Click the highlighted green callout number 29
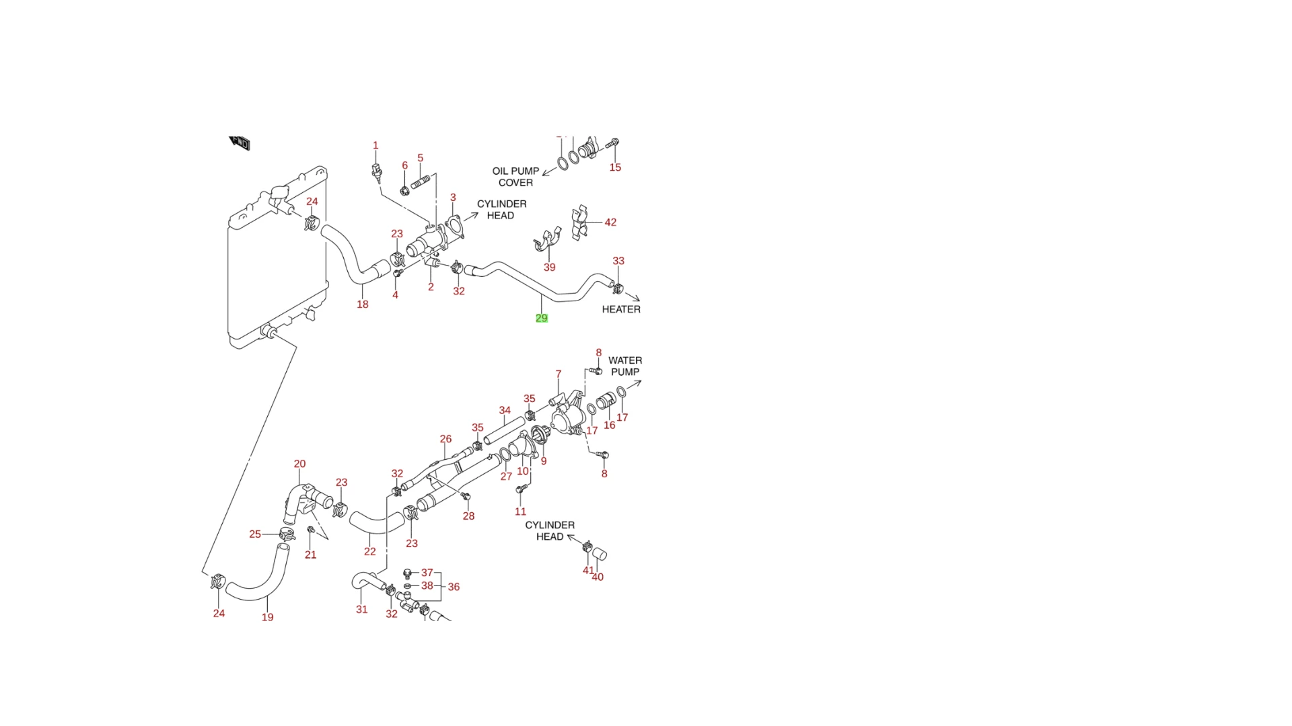click(542, 318)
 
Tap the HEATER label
click(621, 309)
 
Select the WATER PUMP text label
click(625, 366)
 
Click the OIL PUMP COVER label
click(515, 177)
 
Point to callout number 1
click(375, 146)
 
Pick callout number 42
click(610, 223)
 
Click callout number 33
click(618, 261)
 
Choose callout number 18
click(363, 305)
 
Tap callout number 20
click(300, 464)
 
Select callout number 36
click(454, 588)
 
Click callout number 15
click(615, 167)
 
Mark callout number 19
click(268, 617)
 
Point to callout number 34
click(505, 410)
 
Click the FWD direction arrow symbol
click(240, 143)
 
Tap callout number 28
click(469, 516)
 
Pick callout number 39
click(550, 268)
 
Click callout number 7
click(559, 374)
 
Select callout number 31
click(362, 610)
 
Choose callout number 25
click(255, 534)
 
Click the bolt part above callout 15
click(613, 143)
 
